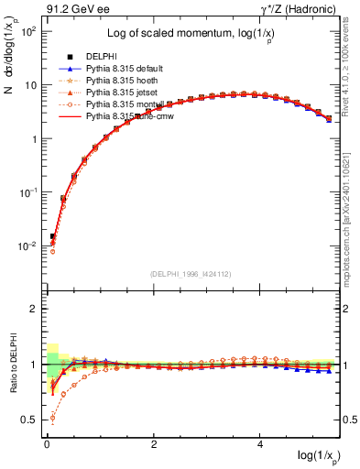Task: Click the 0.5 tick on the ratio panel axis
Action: tap(27, 420)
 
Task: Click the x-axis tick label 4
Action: tap(261, 444)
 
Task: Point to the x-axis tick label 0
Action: tap(47, 444)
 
